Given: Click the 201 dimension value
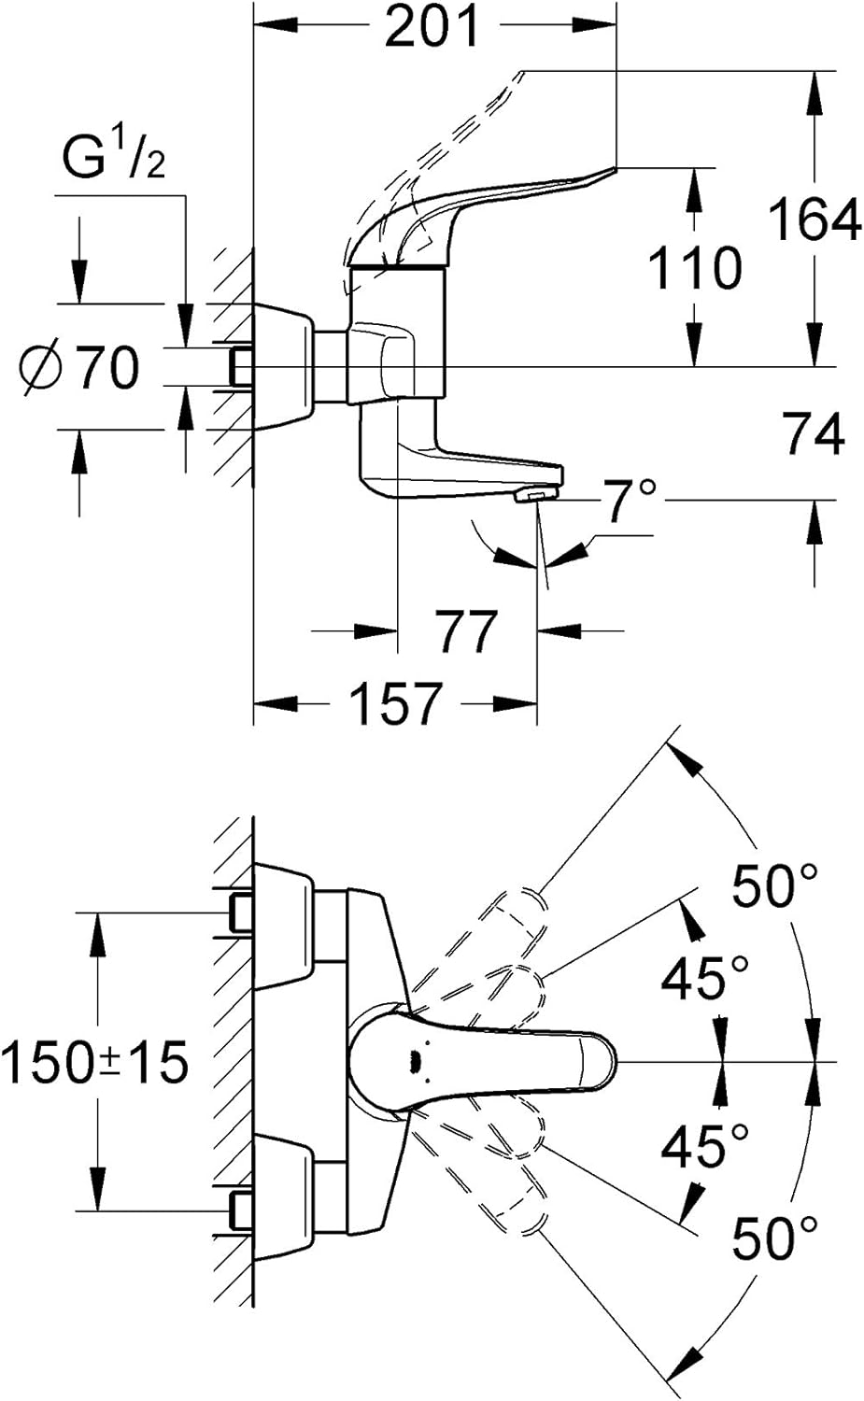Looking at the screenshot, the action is click(x=431, y=27).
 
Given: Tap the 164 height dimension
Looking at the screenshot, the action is click(x=814, y=219).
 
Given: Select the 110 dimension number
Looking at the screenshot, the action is click(x=694, y=268).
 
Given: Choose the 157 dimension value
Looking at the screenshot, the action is click(x=395, y=703).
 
